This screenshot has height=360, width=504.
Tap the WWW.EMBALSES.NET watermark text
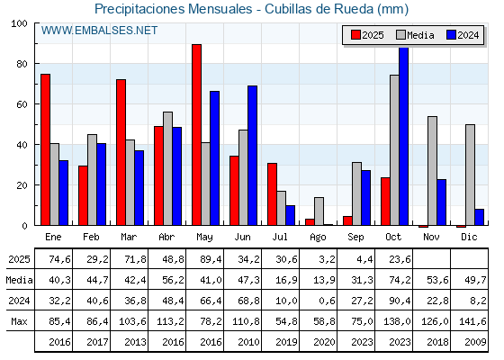click(x=99, y=31)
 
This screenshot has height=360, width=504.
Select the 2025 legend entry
click(x=367, y=35)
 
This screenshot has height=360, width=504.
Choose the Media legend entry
click(x=415, y=35)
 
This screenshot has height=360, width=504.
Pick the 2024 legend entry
click(x=462, y=35)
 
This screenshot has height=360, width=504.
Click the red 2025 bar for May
click(x=196, y=135)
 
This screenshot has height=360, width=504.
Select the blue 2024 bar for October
click(x=404, y=136)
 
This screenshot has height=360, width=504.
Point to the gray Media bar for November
click(x=432, y=171)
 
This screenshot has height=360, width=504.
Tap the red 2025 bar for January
click(x=45, y=149)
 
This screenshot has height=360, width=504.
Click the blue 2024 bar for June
click(x=253, y=156)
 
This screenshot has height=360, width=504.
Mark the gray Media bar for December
click(x=470, y=175)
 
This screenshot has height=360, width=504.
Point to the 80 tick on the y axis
click(x=25, y=64)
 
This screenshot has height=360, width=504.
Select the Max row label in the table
click(x=18, y=321)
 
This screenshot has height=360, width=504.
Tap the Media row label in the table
click(x=18, y=280)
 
